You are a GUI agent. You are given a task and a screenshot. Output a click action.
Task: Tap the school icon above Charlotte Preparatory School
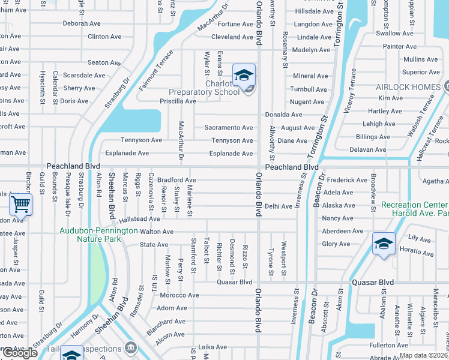(244, 76)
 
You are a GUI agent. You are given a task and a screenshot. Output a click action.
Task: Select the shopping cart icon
(21, 205)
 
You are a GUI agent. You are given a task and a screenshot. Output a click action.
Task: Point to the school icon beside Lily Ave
(384, 244)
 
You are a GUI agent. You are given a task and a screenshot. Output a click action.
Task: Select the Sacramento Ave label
(229, 128)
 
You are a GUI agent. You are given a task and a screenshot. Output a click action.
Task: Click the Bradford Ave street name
(176, 180)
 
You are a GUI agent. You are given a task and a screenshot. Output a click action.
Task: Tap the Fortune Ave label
(235, 24)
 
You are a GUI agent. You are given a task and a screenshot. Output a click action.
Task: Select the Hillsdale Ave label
(314, 11)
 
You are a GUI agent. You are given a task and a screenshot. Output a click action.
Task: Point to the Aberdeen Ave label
(343, 232)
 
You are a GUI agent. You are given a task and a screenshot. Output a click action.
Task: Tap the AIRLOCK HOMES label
(408, 88)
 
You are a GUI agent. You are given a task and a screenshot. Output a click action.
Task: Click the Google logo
(20, 352)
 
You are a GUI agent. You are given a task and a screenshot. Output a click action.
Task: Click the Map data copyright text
(424, 355)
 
